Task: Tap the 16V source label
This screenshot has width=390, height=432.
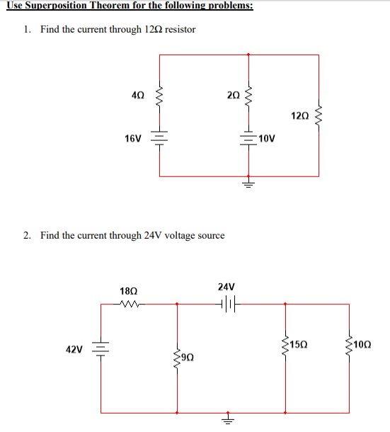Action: (132, 138)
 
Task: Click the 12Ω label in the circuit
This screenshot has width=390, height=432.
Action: (299, 114)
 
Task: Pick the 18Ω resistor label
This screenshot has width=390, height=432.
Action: (130, 291)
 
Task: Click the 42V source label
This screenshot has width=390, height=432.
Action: (74, 350)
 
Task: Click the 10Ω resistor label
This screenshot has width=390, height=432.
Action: (362, 345)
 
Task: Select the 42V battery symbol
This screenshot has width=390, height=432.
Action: (101, 350)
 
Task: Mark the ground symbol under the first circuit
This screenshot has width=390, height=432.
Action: (248, 185)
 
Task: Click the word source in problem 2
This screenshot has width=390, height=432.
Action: (210, 235)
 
